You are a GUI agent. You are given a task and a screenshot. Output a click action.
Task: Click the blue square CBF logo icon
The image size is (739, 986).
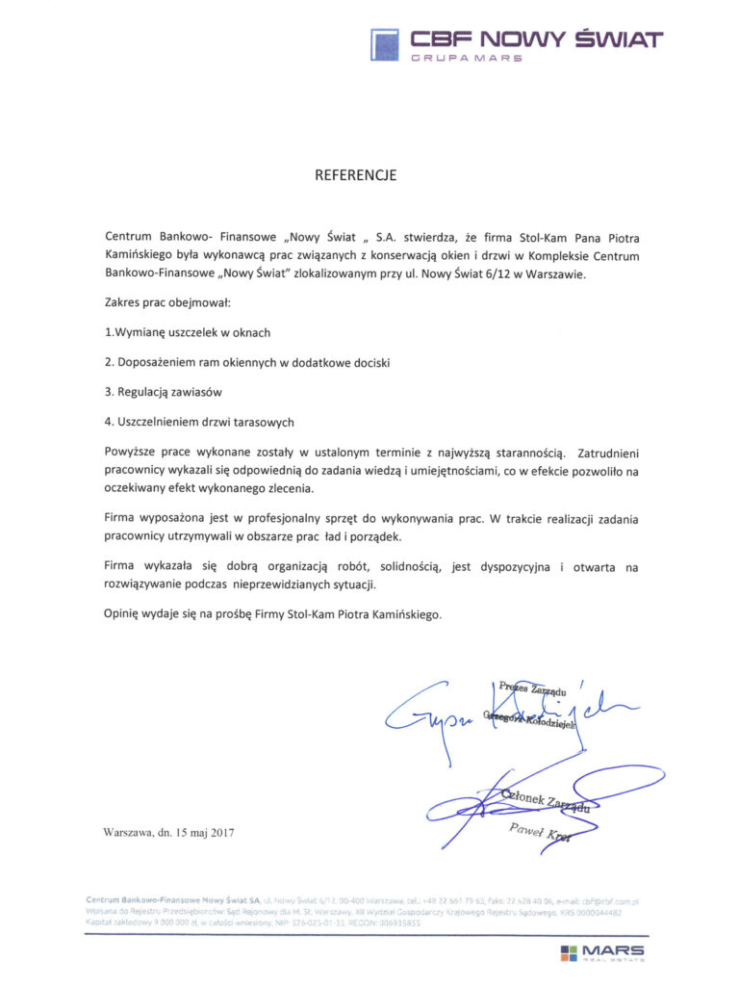pyautogui.click(x=384, y=44)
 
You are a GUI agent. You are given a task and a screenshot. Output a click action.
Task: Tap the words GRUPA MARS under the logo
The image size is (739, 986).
pyautogui.click(x=467, y=59)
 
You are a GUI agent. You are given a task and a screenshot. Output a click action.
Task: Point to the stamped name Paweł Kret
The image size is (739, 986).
pyautogui.click(x=540, y=834)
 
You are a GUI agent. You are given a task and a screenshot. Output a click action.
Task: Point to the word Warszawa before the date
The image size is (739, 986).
pyautogui.click(x=129, y=831)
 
